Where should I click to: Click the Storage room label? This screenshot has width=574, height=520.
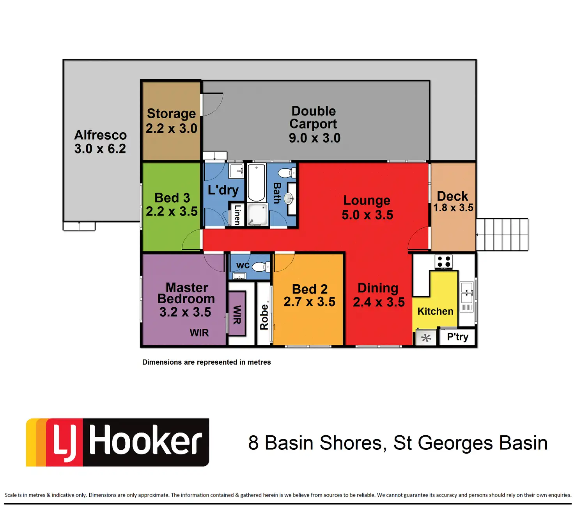171,114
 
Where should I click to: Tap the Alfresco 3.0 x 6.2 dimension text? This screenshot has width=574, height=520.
100,149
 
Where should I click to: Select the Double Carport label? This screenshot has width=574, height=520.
313,117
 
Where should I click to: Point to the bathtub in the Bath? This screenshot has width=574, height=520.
256,182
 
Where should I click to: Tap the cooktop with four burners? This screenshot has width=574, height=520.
443,262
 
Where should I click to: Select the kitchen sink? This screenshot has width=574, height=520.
467,293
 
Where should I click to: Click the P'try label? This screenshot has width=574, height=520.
457,337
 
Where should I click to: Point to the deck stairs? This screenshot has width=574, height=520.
502,235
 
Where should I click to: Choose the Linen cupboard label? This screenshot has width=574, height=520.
237,215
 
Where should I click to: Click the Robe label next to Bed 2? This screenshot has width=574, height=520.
264,317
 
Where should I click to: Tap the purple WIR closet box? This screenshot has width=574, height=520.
237,314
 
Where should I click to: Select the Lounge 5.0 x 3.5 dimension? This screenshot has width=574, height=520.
367,215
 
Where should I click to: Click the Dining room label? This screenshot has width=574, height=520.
378,288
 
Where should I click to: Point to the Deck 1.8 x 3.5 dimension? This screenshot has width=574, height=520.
453,208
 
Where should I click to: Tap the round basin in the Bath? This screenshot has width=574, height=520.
289,199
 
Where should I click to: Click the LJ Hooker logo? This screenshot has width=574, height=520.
117,442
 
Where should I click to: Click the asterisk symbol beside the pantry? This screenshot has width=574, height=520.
426,338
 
